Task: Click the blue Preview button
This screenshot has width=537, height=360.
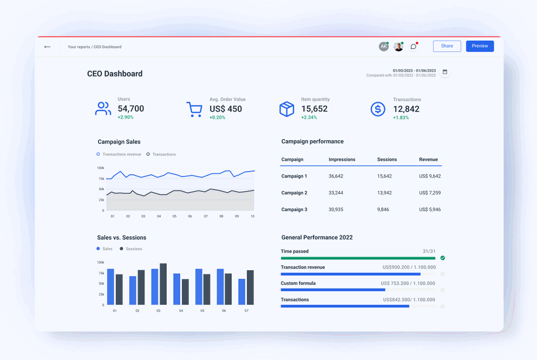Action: tap(480, 46)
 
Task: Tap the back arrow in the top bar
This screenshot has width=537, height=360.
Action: tap(48, 47)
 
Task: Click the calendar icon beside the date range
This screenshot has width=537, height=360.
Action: tap(445, 72)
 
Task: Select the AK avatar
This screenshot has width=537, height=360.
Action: tap(384, 47)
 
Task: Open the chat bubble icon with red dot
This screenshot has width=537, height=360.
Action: tap(414, 47)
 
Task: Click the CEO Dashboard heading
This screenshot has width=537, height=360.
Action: tap(115, 74)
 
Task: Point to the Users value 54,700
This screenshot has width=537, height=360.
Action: tap(131, 109)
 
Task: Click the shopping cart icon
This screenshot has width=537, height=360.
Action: tap(194, 109)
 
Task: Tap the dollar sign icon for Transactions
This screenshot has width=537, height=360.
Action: tap(377, 109)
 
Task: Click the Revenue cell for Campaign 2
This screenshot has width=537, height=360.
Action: tap(430, 193)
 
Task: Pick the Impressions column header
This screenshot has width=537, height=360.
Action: tap(342, 160)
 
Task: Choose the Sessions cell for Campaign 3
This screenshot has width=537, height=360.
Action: tap(384, 210)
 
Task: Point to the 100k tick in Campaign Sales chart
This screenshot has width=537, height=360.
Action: tap(101, 168)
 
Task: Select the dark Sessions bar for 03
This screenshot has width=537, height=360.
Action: tap(163, 284)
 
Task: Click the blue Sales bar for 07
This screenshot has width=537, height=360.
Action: tap(241, 292)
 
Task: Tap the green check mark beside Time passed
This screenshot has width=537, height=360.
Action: tap(443, 258)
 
